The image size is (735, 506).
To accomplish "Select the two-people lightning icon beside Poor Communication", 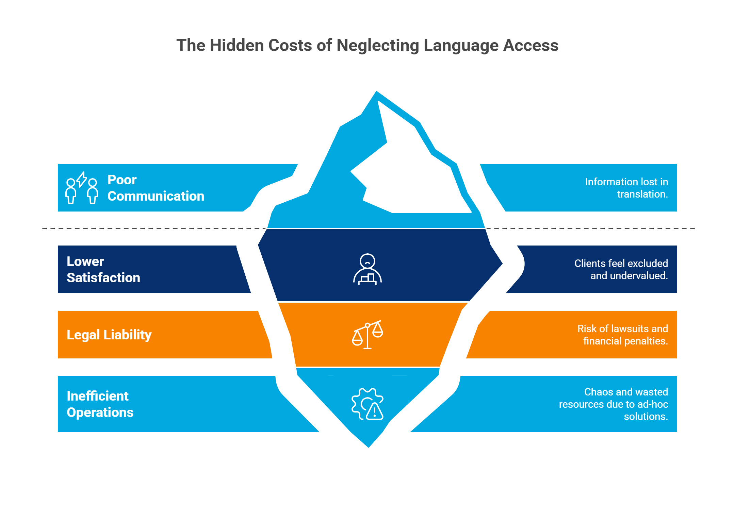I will pos(82,188).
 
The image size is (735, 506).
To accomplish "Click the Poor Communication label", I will pos(156,188).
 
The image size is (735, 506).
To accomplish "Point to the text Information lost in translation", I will pos(626,188).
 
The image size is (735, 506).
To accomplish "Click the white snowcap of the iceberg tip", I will pos(412,170).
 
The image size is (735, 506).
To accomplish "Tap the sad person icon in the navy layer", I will pos(367,269).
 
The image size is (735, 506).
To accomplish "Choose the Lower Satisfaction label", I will pos(103,269).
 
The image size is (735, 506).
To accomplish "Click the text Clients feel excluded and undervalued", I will pos(621,269).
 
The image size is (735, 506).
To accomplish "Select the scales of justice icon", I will pos(367,335).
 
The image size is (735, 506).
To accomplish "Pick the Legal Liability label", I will pos(109,335).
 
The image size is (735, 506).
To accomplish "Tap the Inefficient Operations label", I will pos(100,404).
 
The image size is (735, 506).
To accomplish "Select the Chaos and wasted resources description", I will pos(614,404).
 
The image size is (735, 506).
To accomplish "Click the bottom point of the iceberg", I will pos(369,445).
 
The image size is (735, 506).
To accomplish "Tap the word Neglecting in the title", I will pos(378,45).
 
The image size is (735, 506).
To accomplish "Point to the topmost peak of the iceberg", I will pos(376,92).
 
